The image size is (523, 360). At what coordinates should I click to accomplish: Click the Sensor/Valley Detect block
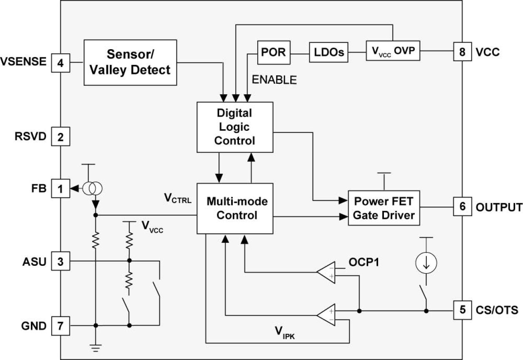click(130, 62)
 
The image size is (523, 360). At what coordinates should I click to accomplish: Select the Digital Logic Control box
click(234, 127)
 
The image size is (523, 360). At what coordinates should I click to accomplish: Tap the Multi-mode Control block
click(234, 208)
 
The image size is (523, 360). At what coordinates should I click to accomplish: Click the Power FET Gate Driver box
click(384, 208)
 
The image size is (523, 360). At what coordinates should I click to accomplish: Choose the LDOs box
click(328, 52)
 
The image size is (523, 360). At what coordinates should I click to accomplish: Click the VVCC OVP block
click(393, 51)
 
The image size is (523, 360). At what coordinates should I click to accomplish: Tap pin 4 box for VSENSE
click(60, 64)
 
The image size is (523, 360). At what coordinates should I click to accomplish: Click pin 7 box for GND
click(60, 325)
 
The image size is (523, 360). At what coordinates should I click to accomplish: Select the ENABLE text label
click(274, 80)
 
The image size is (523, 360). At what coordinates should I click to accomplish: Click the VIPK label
click(285, 331)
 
